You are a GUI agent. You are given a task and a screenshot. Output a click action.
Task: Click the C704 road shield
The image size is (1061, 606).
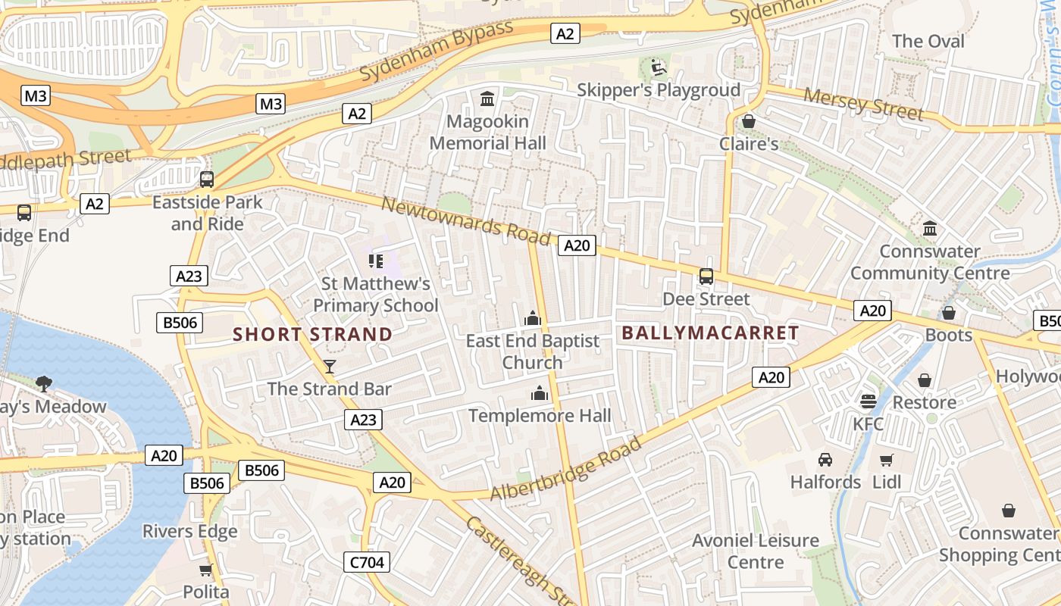(x=368, y=562)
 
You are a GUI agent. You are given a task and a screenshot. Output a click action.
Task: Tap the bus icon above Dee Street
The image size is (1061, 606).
(x=706, y=276)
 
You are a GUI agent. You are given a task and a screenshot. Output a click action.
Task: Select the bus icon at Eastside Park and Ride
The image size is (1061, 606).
(x=206, y=180)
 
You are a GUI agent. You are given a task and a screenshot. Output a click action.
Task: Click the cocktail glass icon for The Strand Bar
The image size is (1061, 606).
(x=330, y=367)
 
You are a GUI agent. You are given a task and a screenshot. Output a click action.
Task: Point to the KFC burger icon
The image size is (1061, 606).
(x=868, y=401)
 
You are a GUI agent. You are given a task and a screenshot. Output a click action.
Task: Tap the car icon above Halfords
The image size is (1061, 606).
(x=825, y=459)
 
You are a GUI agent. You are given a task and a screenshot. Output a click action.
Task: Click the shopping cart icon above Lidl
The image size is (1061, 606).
(x=887, y=459)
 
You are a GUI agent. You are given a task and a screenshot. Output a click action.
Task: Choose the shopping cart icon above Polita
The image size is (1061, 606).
(x=205, y=570)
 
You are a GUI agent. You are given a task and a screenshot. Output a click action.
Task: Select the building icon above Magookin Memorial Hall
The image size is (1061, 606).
(x=487, y=98)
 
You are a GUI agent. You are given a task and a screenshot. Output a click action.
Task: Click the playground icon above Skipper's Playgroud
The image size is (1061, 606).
(x=658, y=67)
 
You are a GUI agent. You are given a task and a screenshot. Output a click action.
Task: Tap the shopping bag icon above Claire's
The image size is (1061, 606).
(x=749, y=121)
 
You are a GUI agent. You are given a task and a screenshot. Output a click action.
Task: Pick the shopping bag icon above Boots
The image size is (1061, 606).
(x=949, y=313)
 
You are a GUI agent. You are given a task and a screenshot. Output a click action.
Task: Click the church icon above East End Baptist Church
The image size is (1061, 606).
(x=532, y=318)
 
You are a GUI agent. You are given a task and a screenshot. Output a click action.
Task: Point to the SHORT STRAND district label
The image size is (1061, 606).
(x=312, y=334)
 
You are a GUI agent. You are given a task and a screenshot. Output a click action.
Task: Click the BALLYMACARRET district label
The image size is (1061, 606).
(x=710, y=333)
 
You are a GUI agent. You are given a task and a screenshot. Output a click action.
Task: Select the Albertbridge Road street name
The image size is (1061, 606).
(x=565, y=470)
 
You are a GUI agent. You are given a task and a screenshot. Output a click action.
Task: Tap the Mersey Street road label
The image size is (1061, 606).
(x=863, y=105)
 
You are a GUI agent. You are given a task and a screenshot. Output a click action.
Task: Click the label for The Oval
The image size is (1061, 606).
(x=928, y=41)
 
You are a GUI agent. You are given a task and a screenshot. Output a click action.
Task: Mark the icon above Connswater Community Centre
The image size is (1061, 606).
(x=930, y=229)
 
